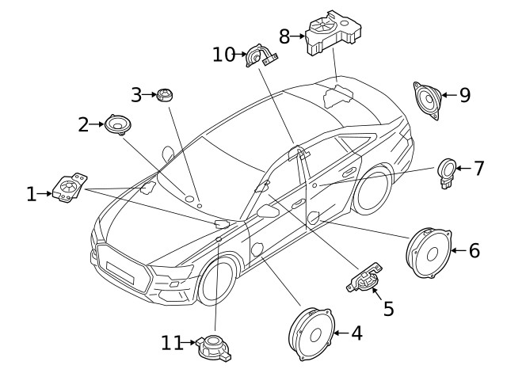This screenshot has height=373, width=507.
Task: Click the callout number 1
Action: click(31, 193)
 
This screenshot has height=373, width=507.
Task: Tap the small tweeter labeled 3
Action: click(164, 95)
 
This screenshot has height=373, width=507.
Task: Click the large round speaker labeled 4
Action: click(309, 335)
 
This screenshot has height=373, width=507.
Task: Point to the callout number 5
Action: click(388, 308)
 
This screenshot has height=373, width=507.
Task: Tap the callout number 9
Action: click(464, 95)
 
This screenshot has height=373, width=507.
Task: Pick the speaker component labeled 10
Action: click(260, 57)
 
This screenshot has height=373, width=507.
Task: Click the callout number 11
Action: click(173, 343)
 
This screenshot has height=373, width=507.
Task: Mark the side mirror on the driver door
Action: click(268, 211)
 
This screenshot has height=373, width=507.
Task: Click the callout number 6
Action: click(475, 250)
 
